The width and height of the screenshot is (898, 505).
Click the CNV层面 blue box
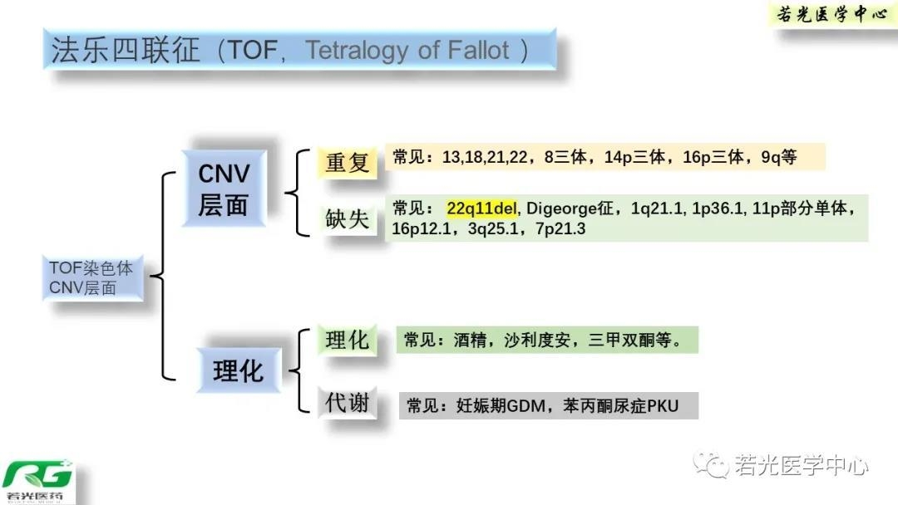click(224, 189)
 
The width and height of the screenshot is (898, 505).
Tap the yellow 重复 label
click(347, 162)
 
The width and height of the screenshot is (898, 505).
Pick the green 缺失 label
click(347, 218)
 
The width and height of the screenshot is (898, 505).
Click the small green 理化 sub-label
click(347, 340)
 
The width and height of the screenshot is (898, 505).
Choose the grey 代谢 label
click(347, 404)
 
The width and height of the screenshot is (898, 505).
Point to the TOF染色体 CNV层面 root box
click(91, 278)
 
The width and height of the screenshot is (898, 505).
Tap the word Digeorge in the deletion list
click(555, 208)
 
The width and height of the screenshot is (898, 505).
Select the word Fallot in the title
click(476, 51)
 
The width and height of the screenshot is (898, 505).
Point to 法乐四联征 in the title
click(126, 51)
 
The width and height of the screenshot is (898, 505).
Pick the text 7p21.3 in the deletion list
click(560, 228)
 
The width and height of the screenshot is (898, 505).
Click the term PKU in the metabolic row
click(663, 406)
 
